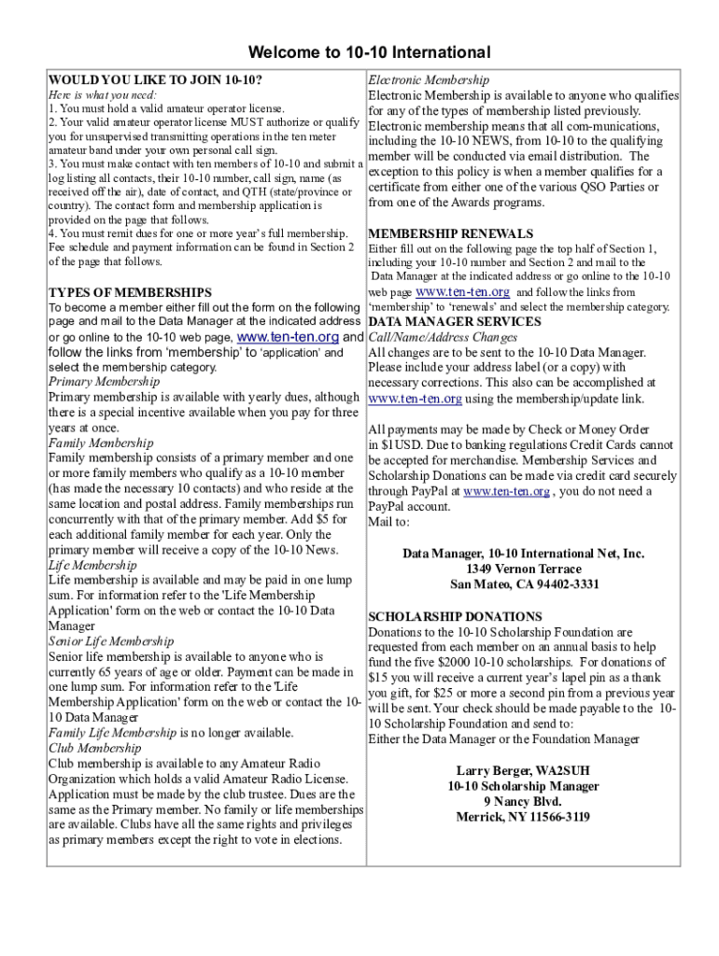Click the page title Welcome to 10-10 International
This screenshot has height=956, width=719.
tap(359, 52)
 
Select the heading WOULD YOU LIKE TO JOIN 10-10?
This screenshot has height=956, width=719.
tap(155, 80)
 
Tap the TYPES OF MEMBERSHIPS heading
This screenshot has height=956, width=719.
tap(130, 292)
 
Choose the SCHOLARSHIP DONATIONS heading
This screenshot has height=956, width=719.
tap(455, 617)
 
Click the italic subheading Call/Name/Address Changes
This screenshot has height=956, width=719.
tap(444, 337)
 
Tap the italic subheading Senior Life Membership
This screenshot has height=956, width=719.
tap(110, 641)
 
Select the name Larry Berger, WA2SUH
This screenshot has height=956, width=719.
tap(522, 770)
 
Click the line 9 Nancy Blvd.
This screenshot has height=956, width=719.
tap(522, 801)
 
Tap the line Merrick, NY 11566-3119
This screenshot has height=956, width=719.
tap(522, 817)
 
